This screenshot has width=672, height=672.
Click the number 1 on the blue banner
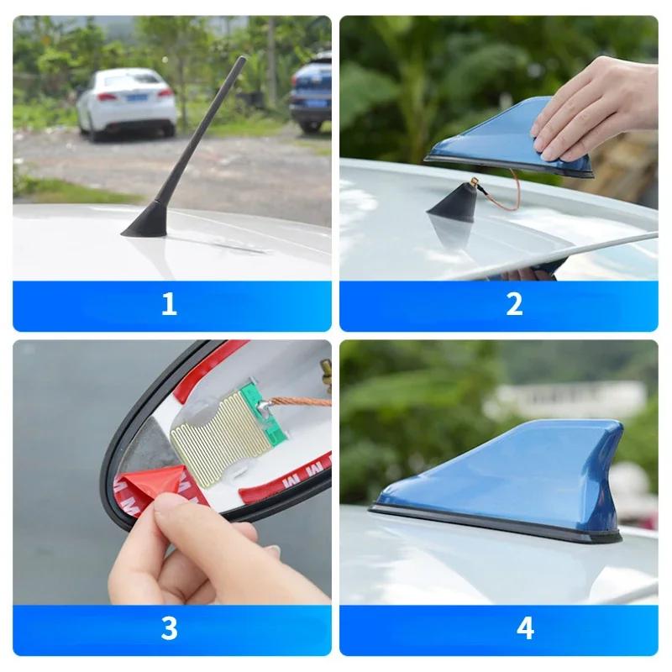[x=169, y=304]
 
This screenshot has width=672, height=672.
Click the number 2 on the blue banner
[x=514, y=304]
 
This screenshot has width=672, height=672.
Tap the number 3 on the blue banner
[x=169, y=627]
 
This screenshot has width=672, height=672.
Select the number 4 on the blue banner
[x=525, y=627]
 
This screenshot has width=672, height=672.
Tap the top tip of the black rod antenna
[x=244, y=60]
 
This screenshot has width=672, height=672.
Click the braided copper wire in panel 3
[x=302, y=402]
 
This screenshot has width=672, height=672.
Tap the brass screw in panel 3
[x=325, y=370]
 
